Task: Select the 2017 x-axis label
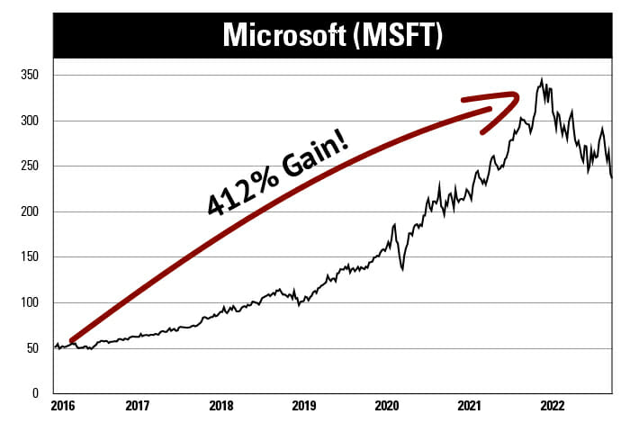pyautogui.click(x=138, y=407)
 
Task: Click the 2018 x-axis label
pyautogui.click(x=220, y=407)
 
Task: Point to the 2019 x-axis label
pyautogui.click(x=303, y=407)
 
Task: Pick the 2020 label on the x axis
pyautogui.click(x=386, y=407)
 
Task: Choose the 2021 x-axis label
pyautogui.click(x=469, y=407)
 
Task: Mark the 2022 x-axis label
pyautogui.click(x=552, y=407)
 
